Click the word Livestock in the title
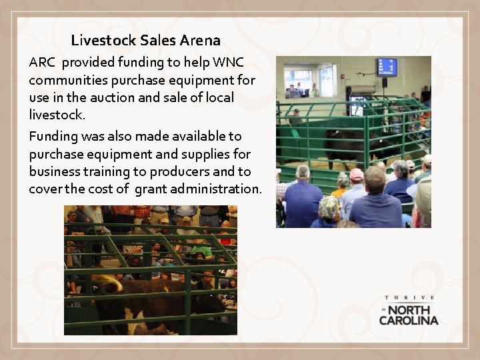click(x=103, y=41)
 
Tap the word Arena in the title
click(x=199, y=41)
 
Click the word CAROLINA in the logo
click(x=409, y=320)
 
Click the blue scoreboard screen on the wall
click(x=387, y=67)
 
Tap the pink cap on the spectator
click(x=357, y=174)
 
